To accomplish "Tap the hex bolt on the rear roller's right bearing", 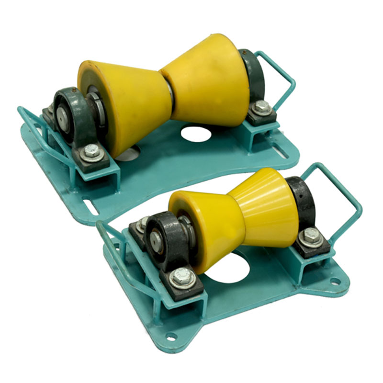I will click(x=261, y=107).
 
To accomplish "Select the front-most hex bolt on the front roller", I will click(x=183, y=277).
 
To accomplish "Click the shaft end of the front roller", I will click(x=156, y=237).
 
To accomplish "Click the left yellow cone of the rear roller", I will click(x=122, y=103).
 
